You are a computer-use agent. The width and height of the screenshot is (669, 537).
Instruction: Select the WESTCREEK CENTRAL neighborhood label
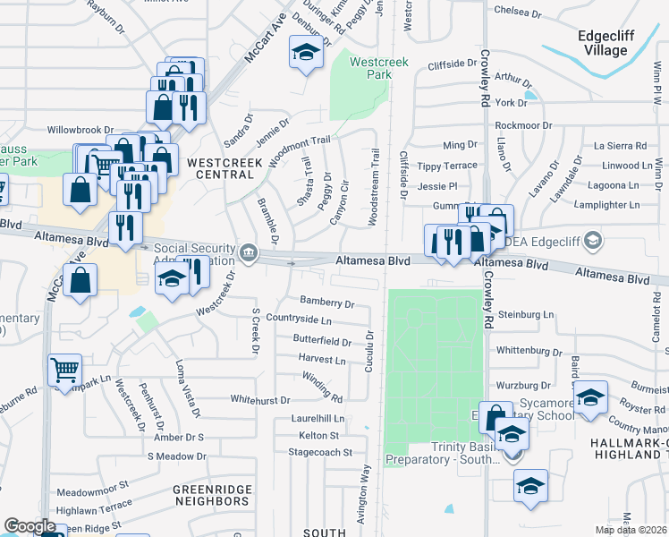(x=221, y=167)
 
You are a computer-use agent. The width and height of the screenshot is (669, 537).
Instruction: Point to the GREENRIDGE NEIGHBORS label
(x=216, y=495)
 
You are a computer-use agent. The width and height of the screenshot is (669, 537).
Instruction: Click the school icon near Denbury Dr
(x=306, y=53)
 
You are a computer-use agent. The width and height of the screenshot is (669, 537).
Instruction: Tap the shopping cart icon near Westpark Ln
(x=64, y=369)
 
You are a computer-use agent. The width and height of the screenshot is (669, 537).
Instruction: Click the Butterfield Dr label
(x=322, y=341)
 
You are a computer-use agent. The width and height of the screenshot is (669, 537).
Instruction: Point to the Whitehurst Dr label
(x=260, y=400)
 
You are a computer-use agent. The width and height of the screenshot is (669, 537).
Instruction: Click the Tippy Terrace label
(x=447, y=166)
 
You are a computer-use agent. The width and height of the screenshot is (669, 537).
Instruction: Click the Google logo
(x=30, y=526)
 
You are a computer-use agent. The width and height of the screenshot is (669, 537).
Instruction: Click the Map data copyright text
(x=630, y=530)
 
